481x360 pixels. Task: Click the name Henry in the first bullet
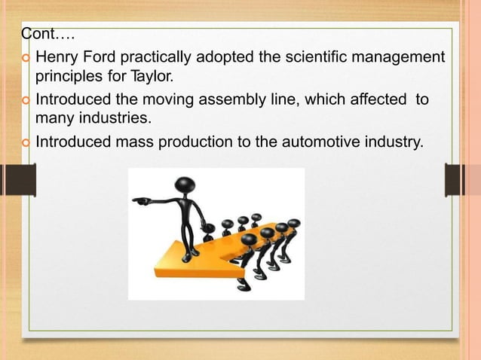57,57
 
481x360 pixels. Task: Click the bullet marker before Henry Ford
26,58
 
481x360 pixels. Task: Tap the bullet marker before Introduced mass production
26,142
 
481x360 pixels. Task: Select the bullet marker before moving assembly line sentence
26,100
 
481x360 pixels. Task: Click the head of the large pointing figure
184,185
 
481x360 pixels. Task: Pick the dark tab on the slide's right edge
457,180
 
